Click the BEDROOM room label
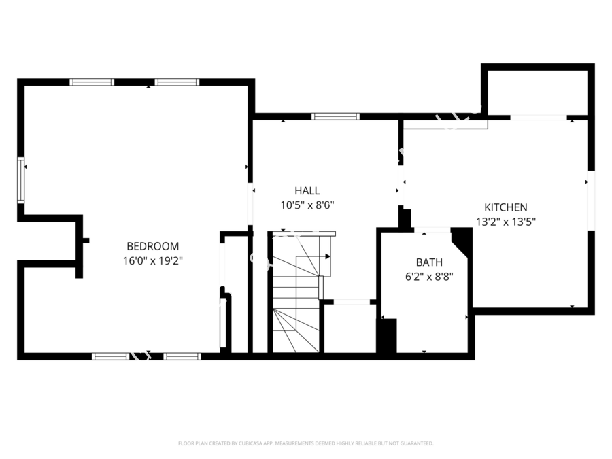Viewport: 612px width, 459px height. [x=152, y=246]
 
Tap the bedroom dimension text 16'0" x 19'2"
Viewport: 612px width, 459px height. [x=152, y=260]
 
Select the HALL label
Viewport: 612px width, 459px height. [x=307, y=191]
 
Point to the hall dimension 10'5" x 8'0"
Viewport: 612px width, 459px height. [x=307, y=204]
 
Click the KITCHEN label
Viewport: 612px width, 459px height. [x=505, y=207]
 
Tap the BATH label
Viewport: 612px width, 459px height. [x=429, y=262]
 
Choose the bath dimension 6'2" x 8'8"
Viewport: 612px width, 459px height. [x=429, y=276]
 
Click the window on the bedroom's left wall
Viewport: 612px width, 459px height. [x=21, y=180]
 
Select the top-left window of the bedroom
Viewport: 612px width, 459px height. [x=92, y=82]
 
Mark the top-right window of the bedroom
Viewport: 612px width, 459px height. [x=177, y=82]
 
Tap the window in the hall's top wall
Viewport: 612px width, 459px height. [x=335, y=116]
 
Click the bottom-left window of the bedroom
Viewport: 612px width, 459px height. [x=109, y=356]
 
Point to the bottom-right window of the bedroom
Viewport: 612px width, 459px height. [x=182, y=356]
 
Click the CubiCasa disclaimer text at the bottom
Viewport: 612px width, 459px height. [x=305, y=443]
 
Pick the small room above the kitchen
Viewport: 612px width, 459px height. [x=537, y=92]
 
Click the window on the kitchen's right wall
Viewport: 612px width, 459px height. [x=591, y=201]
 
